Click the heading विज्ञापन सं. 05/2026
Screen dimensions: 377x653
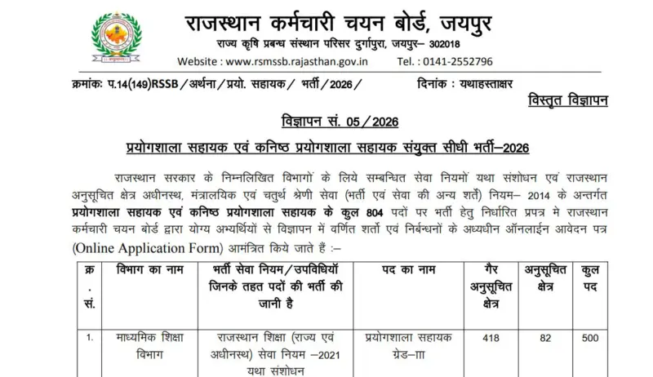(326, 122)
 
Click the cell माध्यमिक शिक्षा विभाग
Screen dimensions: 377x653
(149, 344)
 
